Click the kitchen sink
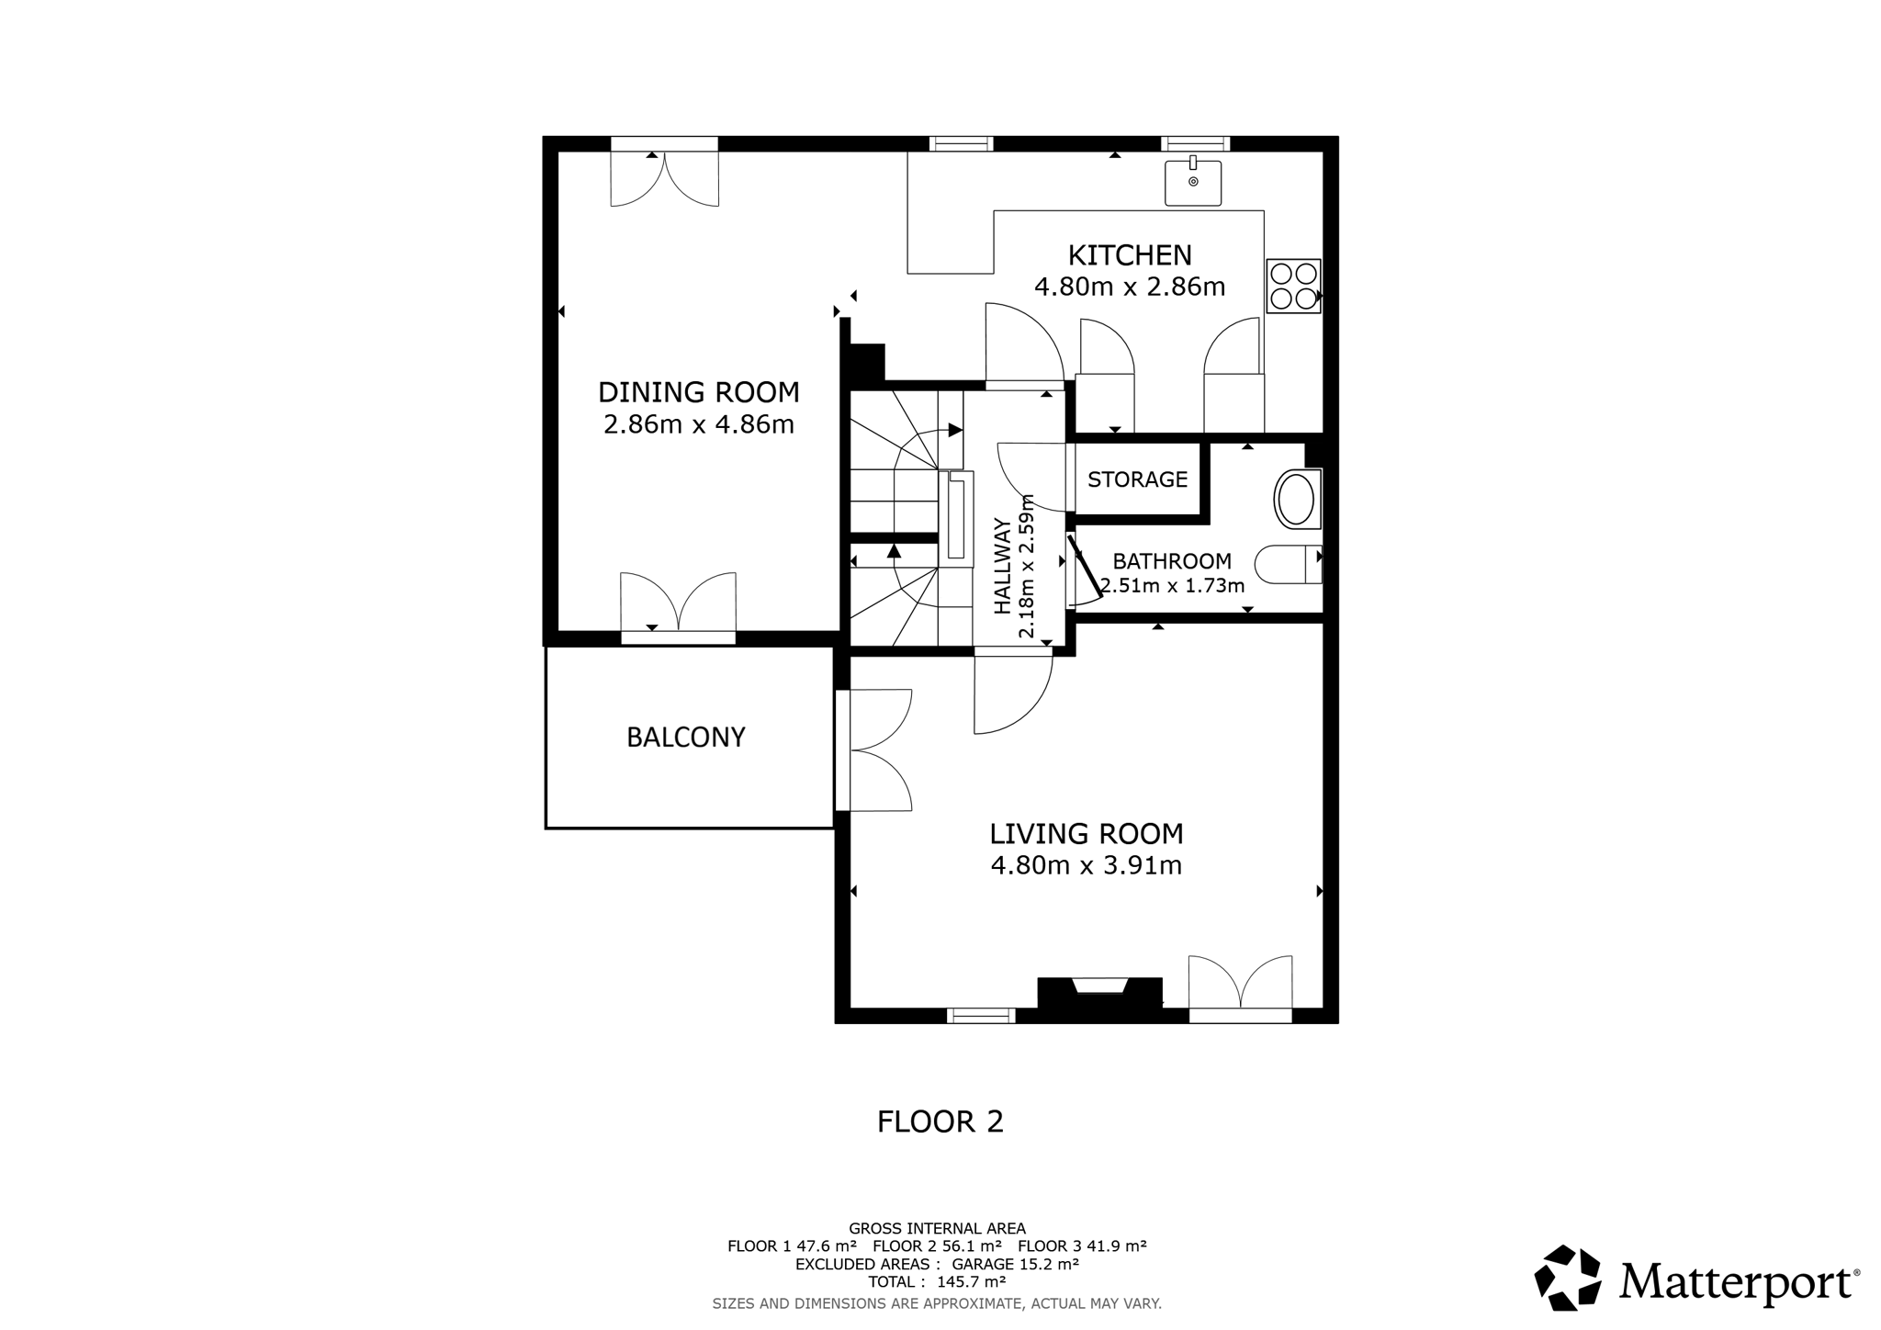[x=1193, y=182]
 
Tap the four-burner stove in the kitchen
[x=1293, y=286]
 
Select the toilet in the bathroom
[x=1288, y=565]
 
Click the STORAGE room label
[x=1137, y=479]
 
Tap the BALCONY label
[x=685, y=738]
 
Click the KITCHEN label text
[x=1130, y=254]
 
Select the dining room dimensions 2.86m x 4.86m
[x=698, y=424]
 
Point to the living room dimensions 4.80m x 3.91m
[x=1086, y=865]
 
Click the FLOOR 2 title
[x=940, y=1121]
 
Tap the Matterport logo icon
[x=1568, y=1278]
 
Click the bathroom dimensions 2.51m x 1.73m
[x=1172, y=585]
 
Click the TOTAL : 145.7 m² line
[x=937, y=1281]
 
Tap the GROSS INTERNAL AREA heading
[x=937, y=1229]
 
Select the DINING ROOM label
[x=698, y=392]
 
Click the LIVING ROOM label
[x=1086, y=834]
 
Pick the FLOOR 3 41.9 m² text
[x=1082, y=1246]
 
